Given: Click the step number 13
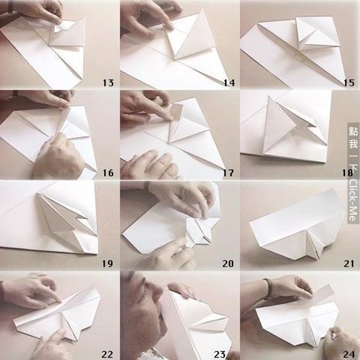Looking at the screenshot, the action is click(108, 83).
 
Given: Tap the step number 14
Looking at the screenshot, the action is click(229, 83).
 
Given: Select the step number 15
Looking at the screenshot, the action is click(349, 83).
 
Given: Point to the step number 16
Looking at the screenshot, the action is click(108, 173).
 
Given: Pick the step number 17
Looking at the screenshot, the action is click(228, 173).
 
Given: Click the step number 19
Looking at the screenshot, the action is click(107, 264).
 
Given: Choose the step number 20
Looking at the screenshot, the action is click(228, 264).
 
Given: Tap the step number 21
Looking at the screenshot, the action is click(349, 264).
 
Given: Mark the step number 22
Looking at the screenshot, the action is click(107, 355).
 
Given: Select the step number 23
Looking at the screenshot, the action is click(220, 355).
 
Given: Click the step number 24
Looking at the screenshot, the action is click(349, 355).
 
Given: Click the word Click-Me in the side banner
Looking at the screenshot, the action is click(353, 200).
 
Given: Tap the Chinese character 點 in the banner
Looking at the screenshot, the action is click(353, 131).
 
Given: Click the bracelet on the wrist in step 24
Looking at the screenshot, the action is click(268, 289).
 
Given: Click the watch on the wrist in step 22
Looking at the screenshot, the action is click(2, 290).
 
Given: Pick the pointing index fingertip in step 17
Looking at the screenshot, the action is click(170, 118).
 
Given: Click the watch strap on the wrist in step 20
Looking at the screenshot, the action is click(146, 185).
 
